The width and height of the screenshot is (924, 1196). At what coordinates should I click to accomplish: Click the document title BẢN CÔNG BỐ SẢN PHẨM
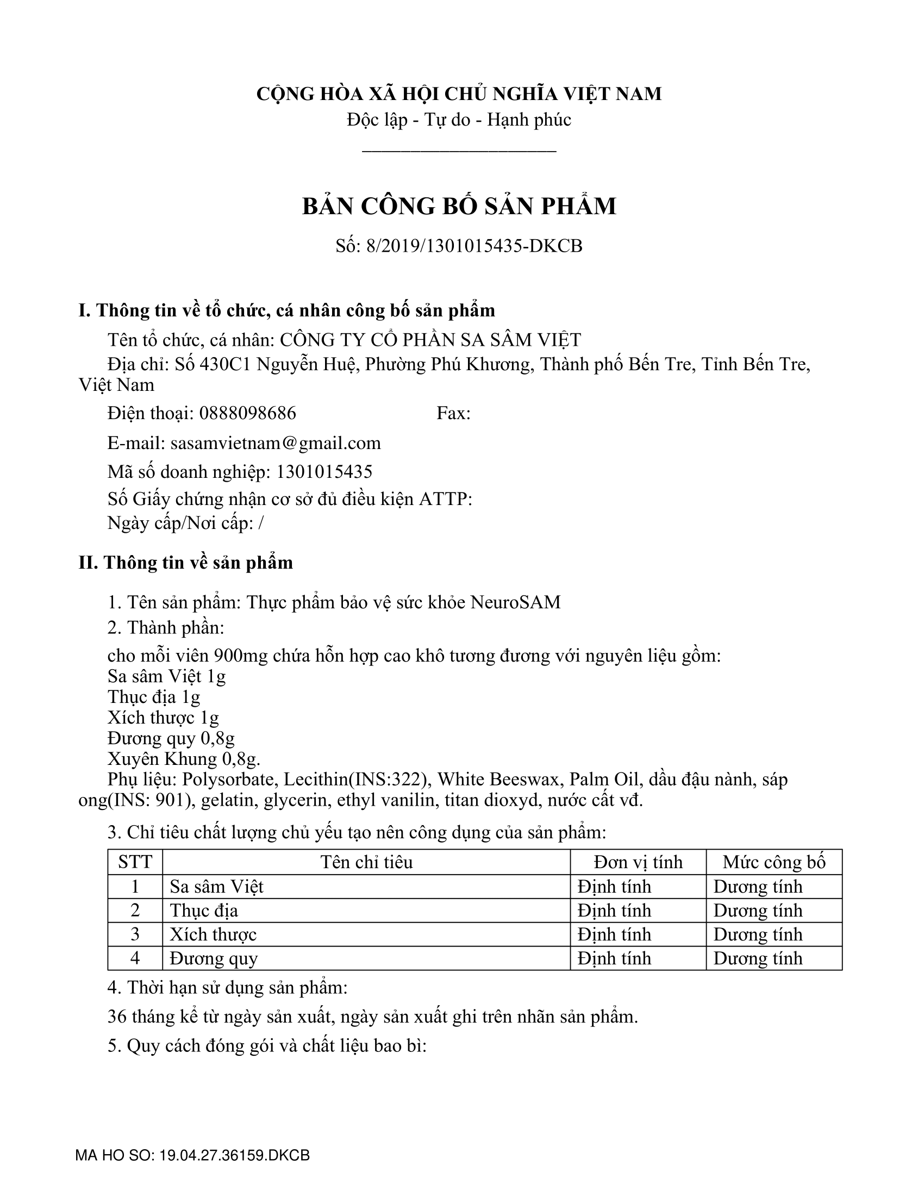tap(459, 207)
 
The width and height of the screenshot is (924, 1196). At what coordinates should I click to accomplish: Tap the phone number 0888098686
tap(247, 413)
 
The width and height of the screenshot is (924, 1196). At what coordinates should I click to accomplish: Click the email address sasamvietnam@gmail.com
tap(276, 443)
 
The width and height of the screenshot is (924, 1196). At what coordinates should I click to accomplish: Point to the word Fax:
tap(453, 413)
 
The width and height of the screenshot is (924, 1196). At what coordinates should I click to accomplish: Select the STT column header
tap(135, 862)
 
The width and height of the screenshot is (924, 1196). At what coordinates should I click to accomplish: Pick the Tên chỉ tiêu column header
tap(366, 862)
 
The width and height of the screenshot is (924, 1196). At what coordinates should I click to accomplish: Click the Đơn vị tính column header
tap(638, 862)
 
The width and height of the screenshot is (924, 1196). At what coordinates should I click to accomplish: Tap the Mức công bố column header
tap(773, 862)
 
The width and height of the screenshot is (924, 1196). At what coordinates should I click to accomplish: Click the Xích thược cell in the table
tap(213, 934)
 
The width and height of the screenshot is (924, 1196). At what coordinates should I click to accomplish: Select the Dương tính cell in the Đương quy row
tap(758, 958)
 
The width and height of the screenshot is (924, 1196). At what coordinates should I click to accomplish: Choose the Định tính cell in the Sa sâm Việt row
tap(614, 887)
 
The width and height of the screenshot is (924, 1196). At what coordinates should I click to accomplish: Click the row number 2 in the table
tap(135, 910)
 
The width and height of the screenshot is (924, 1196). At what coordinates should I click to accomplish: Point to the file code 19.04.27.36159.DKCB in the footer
tap(234, 1155)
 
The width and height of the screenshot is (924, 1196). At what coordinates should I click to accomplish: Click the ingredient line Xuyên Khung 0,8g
tap(184, 759)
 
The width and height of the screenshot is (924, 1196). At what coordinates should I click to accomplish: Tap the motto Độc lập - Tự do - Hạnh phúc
tap(459, 120)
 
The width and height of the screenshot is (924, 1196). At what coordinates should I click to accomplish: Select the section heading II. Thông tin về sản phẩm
tap(185, 563)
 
